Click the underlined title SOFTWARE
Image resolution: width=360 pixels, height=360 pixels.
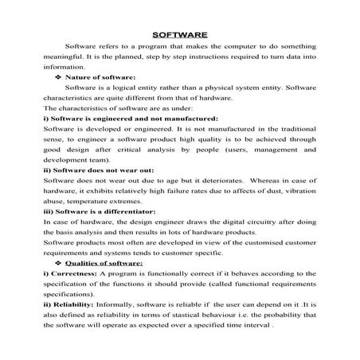click(179, 34)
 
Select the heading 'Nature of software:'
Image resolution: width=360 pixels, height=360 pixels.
click(99, 76)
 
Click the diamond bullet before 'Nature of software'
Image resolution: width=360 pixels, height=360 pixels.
click(57, 76)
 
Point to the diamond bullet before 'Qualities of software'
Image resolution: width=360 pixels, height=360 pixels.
click(57, 262)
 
